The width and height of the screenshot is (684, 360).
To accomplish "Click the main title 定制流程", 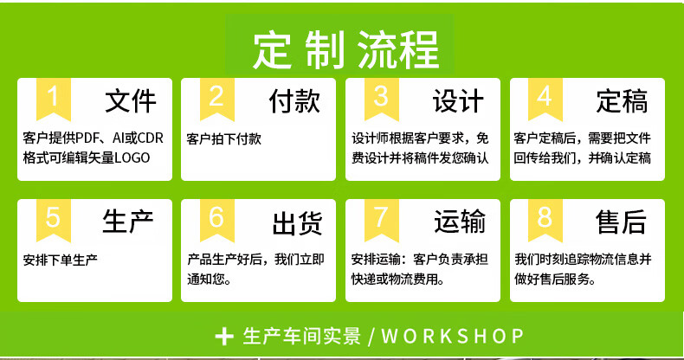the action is pyautogui.click(x=345, y=50).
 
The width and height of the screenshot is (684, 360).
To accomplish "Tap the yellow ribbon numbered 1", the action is pyautogui.click(x=53, y=99).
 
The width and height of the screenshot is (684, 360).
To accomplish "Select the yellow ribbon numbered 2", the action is pyautogui.click(x=217, y=99).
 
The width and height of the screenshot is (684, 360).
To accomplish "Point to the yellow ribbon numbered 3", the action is pyautogui.click(x=382, y=99).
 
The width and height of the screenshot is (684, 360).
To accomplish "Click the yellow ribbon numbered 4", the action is pyautogui.click(x=545, y=99).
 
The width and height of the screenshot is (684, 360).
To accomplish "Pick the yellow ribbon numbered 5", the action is pyautogui.click(x=53, y=220).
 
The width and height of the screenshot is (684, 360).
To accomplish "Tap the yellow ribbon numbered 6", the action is pyautogui.click(x=217, y=220).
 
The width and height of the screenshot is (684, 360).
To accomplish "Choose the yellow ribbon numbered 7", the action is pyautogui.click(x=382, y=220).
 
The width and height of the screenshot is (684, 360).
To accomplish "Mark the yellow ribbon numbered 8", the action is pyautogui.click(x=545, y=220).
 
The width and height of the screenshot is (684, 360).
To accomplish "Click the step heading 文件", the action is pyautogui.click(x=131, y=101).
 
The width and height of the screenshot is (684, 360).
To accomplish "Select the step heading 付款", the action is pyautogui.click(x=294, y=101).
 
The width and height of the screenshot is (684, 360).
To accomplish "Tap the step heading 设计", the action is pyautogui.click(x=459, y=101).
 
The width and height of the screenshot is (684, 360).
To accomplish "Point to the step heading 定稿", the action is pyautogui.click(x=622, y=101).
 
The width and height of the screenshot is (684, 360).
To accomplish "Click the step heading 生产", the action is pyautogui.click(x=128, y=222).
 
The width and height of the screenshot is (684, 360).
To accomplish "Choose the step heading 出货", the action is pyautogui.click(x=298, y=223).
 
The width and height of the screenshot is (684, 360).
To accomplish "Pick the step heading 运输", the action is pyautogui.click(x=460, y=222).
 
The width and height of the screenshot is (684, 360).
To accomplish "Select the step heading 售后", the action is pyautogui.click(x=621, y=222).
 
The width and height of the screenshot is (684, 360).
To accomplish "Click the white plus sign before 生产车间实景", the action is pyautogui.click(x=224, y=337).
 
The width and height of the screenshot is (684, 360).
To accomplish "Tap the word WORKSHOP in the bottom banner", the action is pyautogui.click(x=452, y=336).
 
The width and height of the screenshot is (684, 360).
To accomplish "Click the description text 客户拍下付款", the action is pyautogui.click(x=223, y=139).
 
